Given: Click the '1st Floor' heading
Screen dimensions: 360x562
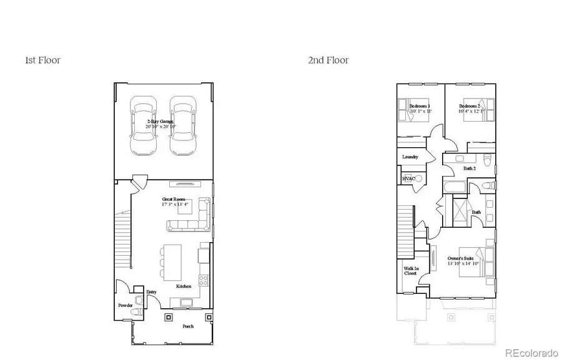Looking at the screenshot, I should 42,61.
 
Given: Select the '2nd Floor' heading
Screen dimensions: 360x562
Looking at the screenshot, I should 328,61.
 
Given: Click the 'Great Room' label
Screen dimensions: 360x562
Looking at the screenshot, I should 172,200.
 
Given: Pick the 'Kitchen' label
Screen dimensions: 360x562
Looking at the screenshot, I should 183,286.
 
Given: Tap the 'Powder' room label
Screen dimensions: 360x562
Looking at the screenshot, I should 126,305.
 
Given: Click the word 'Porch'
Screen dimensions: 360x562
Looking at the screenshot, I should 188,326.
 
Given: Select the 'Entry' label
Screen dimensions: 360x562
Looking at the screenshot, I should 151,292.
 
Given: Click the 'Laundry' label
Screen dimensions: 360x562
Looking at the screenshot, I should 410,157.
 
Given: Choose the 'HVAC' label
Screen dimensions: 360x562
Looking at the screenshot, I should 408,179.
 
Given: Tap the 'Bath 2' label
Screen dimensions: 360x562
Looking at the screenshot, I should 470,168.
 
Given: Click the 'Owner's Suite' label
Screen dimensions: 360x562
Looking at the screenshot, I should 461,260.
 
